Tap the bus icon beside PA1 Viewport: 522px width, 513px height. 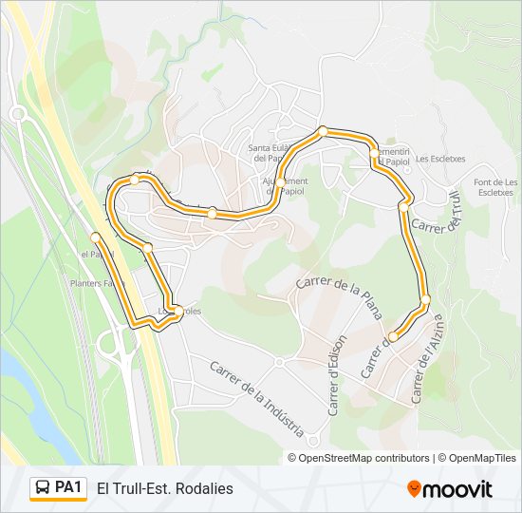(44, 488)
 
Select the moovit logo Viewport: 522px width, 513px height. (450, 488)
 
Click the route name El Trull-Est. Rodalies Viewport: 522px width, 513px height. (164, 488)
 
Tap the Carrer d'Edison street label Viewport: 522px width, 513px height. (339, 375)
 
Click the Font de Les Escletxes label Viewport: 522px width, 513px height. (495, 187)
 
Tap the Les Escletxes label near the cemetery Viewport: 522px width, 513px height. (440, 159)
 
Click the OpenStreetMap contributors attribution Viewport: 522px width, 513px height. (358, 458)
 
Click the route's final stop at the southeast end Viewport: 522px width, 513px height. (393, 335)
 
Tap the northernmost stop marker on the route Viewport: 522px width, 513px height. (323, 131)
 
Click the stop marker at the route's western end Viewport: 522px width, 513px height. (96, 236)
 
